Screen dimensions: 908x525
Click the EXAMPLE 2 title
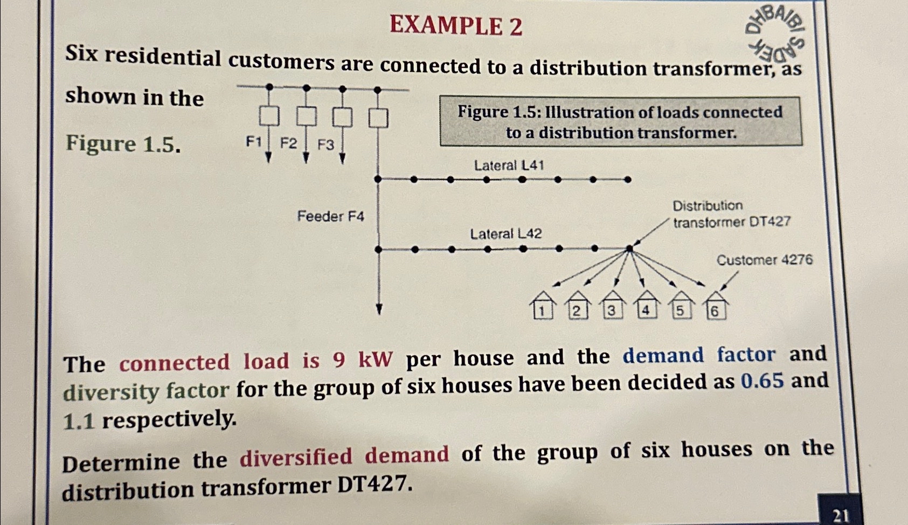pyautogui.click(x=456, y=25)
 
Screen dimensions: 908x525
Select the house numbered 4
pyautogui.click(x=646, y=306)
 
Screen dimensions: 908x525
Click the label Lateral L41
pyautogui.click(x=509, y=165)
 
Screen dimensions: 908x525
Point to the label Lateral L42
pyautogui.click(x=505, y=234)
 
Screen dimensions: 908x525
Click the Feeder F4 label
pyautogui.click(x=330, y=216)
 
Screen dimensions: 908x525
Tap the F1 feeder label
pyautogui.click(x=254, y=142)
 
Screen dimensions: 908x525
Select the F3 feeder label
pyautogui.click(x=325, y=144)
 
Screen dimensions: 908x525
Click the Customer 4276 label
pyautogui.click(x=764, y=260)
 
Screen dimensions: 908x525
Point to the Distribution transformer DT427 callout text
pyautogui.click(x=731, y=214)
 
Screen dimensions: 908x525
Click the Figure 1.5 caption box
pyautogui.click(x=620, y=122)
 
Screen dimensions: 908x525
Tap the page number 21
pyautogui.click(x=840, y=515)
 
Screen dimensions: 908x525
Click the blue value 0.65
pyautogui.click(x=762, y=381)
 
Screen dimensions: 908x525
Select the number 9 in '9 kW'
pyautogui.click(x=339, y=361)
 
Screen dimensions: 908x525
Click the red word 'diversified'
pyautogui.click(x=296, y=458)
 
